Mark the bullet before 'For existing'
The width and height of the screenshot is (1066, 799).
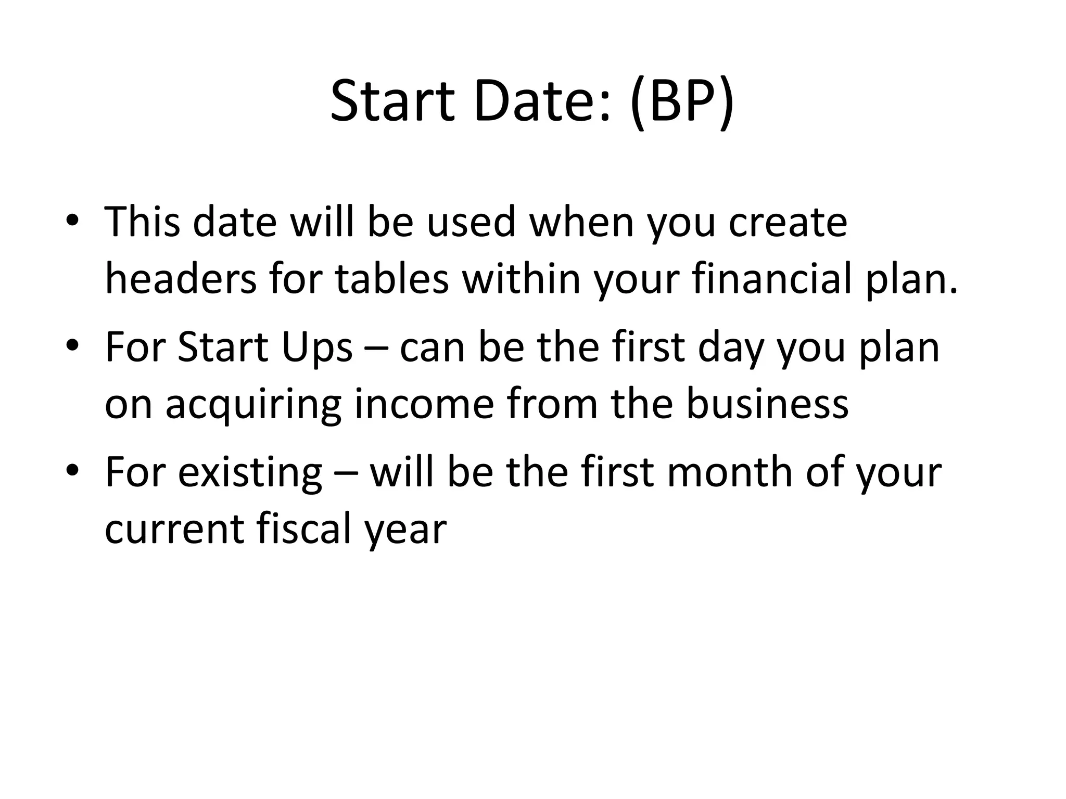72,470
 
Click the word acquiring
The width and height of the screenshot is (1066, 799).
253,405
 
